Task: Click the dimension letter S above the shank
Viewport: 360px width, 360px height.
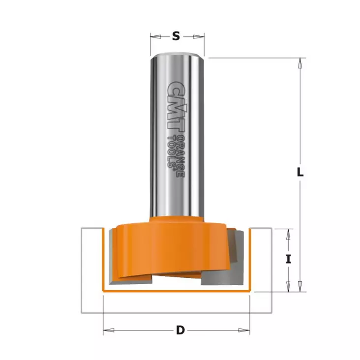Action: pos(176,36)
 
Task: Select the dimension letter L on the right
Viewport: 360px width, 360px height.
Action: pos(300,172)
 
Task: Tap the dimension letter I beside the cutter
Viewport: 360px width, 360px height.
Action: pos(288,259)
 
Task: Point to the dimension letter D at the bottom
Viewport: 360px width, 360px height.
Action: pos(180,330)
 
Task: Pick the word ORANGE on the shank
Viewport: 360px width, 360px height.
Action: pos(181,156)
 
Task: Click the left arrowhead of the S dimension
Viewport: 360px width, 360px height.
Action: pos(155,36)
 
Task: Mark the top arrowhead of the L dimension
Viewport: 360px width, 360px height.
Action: pos(300,63)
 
